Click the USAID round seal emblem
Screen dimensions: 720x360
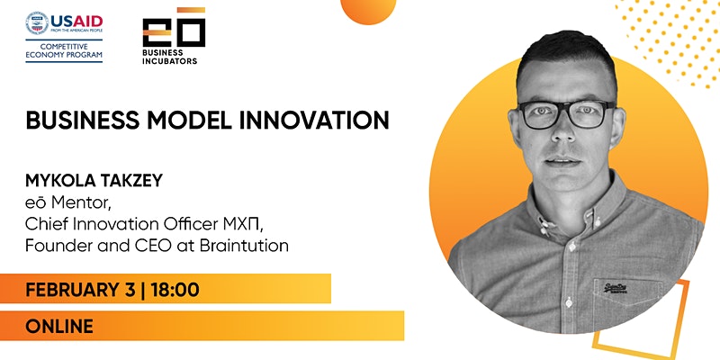[x=37, y=23]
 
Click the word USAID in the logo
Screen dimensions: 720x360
[x=76, y=22]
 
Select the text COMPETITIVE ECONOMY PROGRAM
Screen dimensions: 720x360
[x=64, y=51]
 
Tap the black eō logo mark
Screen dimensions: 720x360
[x=174, y=28]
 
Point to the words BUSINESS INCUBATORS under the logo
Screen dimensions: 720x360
[x=169, y=57]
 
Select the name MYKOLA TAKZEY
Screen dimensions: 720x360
[x=94, y=181]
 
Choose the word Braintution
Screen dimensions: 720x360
[x=244, y=246]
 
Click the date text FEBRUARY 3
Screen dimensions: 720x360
[x=80, y=290]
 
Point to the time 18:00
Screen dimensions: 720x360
[x=175, y=290]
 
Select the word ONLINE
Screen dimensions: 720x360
[x=59, y=326]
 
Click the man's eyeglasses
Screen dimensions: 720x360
[x=566, y=114]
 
